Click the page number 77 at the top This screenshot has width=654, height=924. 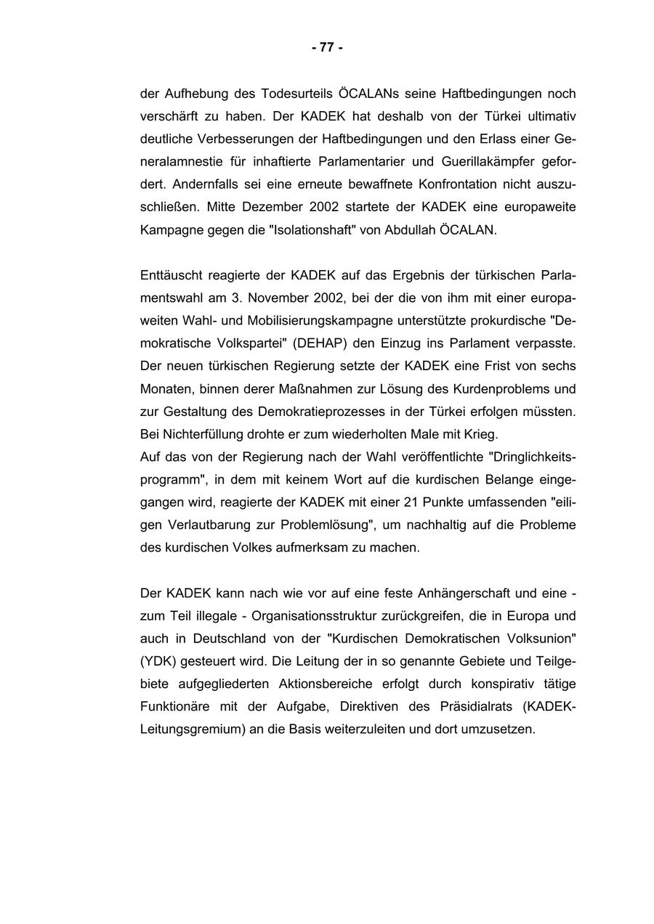[x=327, y=48]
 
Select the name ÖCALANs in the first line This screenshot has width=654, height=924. [x=366, y=94]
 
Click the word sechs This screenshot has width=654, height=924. [x=560, y=366]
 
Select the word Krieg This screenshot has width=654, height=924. [x=481, y=435]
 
